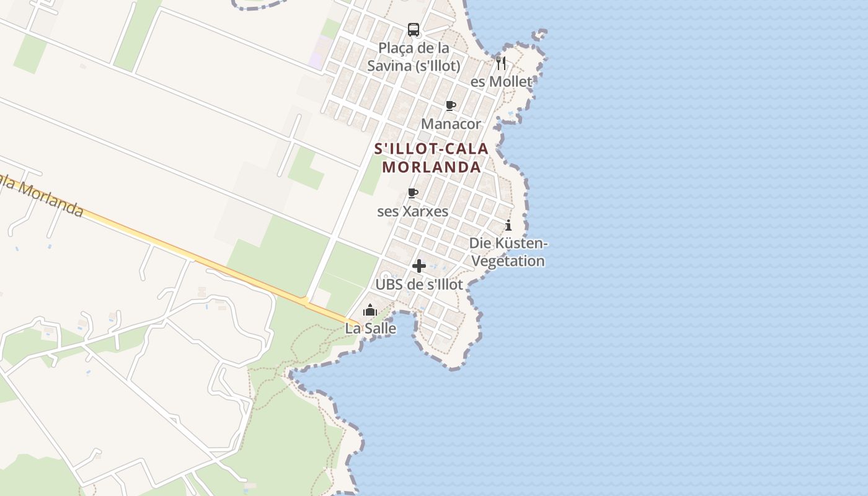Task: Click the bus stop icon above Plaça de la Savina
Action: [x=414, y=29]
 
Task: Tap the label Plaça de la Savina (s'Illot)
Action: [x=414, y=56]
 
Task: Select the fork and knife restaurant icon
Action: [x=501, y=63]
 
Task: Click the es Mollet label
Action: [x=501, y=82]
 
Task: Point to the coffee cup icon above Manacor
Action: [x=451, y=106]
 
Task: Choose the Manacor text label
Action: [x=451, y=124]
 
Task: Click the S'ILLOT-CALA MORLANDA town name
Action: [x=432, y=158]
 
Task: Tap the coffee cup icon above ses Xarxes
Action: [x=413, y=193]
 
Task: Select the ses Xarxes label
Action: [x=413, y=211]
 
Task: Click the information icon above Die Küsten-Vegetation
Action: [x=508, y=225]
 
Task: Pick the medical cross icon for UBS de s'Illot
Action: [x=419, y=266]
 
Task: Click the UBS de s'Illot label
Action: [x=419, y=285]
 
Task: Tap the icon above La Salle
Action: [x=370, y=310]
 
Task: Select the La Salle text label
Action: [x=370, y=329]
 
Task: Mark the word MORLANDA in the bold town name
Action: [x=432, y=167]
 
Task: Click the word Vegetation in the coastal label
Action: [x=508, y=261]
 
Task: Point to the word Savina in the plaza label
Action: [x=390, y=66]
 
